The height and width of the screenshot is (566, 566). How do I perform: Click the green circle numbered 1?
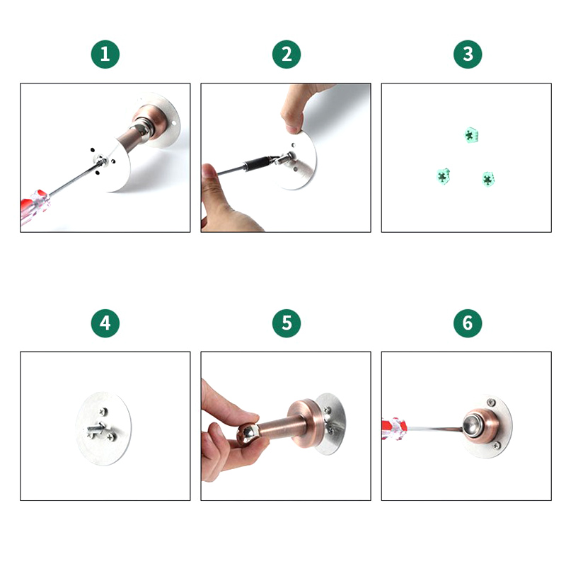pyautogui.click(x=105, y=54)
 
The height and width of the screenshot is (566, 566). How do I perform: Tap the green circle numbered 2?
pyautogui.click(x=287, y=54)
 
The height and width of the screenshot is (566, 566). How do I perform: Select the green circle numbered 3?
pyautogui.click(x=468, y=54)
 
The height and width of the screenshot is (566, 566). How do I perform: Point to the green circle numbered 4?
pyautogui.click(x=105, y=323)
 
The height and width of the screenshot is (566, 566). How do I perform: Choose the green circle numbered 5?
pyautogui.click(x=287, y=323)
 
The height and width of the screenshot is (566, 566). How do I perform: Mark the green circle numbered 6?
pyautogui.click(x=468, y=323)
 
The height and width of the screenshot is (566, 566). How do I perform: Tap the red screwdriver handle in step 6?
pyautogui.click(x=395, y=429)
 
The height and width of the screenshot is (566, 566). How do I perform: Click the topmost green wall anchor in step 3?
pyautogui.click(x=470, y=135)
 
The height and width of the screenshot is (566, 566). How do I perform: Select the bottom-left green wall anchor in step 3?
pyautogui.click(x=443, y=176)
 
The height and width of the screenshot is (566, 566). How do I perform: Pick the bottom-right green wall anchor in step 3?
pyautogui.click(x=488, y=179)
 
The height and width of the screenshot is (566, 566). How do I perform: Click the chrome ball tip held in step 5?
pyautogui.click(x=248, y=434)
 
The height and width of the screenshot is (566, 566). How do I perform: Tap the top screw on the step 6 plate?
pyautogui.click(x=491, y=403)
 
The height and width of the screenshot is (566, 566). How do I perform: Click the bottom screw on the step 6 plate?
pyautogui.click(x=497, y=446)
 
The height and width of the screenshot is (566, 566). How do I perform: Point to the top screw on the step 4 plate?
pyautogui.click(x=103, y=412)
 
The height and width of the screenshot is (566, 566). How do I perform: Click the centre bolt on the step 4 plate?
pyautogui.click(x=96, y=429)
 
